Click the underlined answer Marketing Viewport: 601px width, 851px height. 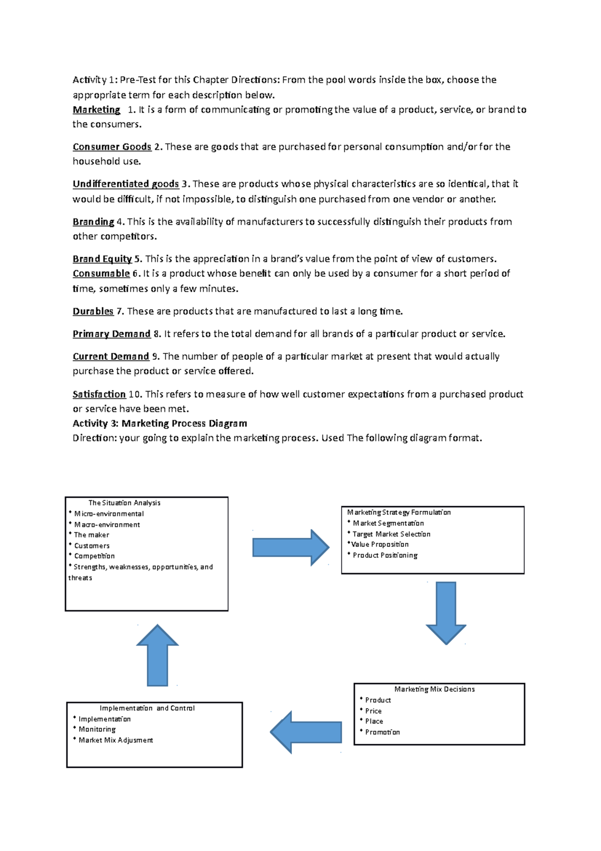click(96, 110)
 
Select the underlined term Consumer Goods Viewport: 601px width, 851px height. click(112, 147)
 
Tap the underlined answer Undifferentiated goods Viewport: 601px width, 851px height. click(126, 184)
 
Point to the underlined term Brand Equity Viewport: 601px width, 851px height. click(102, 259)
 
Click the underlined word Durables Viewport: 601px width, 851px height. click(93, 311)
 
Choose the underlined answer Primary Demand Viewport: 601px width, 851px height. click(111, 334)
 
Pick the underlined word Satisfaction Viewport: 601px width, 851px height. click(99, 394)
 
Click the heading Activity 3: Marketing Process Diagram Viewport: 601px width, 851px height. click(160, 423)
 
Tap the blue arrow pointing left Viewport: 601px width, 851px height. click(306, 732)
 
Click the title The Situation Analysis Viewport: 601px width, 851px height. click(124, 503)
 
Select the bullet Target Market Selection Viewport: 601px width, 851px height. click(391, 534)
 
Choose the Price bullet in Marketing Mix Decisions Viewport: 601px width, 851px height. click(373, 711)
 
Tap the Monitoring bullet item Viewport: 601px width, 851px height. click(97, 729)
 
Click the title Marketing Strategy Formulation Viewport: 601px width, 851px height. click(399, 512)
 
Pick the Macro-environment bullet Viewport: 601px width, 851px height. click(107, 525)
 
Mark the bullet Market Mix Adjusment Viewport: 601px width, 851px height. click(116, 740)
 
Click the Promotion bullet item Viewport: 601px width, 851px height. click(382, 732)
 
